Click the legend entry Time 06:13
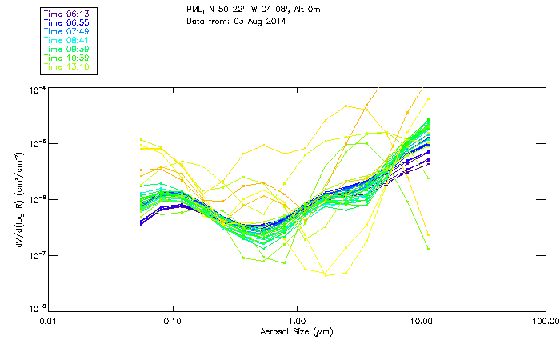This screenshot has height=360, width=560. [66, 14]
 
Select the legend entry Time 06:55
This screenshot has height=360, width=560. [66, 22]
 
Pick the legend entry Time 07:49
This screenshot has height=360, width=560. [66, 31]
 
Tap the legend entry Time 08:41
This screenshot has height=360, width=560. [66, 40]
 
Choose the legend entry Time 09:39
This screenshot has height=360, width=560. [66, 49]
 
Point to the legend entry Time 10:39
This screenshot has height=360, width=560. [66, 58]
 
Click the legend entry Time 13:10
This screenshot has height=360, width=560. [66, 66]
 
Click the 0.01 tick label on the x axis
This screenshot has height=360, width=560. [48, 322]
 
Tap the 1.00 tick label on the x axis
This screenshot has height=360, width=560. [297, 322]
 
